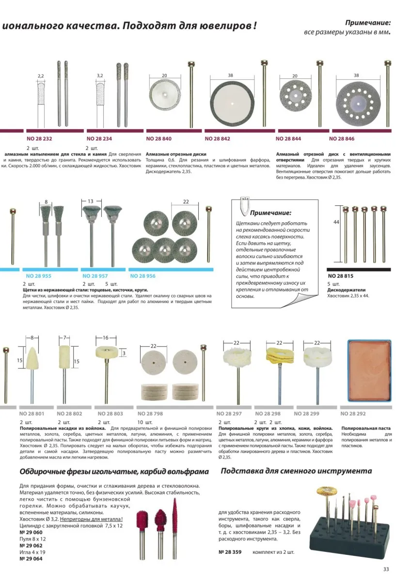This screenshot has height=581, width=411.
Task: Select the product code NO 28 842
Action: pyautogui.click(x=217, y=138)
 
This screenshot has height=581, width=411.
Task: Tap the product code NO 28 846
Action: pyautogui.click(x=342, y=138)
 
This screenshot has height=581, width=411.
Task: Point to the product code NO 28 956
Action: pyautogui.click(x=143, y=275)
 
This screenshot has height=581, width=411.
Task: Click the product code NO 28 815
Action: pyautogui.click(x=340, y=275)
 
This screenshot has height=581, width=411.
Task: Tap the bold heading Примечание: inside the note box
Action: pyautogui.click(x=271, y=213)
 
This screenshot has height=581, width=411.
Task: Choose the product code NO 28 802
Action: pyautogui.click(x=70, y=413)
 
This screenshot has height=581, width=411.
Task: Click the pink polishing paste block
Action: pyautogui.click(x=369, y=370)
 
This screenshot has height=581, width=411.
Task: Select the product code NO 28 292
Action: pyautogui.click(x=353, y=413)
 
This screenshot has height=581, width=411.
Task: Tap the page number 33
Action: pyautogui.click(x=386, y=569)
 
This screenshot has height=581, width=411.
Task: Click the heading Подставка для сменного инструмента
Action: pyautogui.click(x=296, y=471)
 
